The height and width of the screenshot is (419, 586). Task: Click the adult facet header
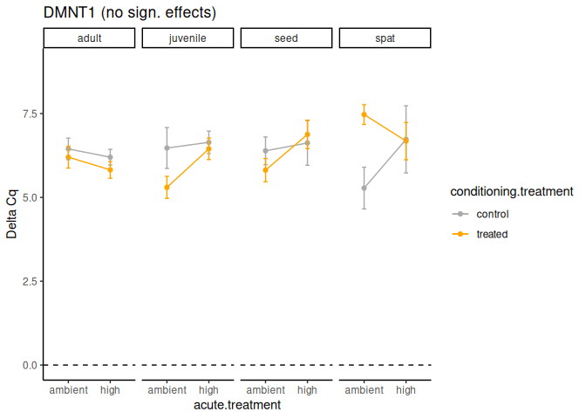pyautogui.click(x=89, y=38)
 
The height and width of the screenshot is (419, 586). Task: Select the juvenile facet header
pyautogui.click(x=187, y=38)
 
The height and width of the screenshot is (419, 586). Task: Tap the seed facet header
pyautogui.click(x=286, y=38)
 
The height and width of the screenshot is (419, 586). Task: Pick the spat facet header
pyautogui.click(x=385, y=38)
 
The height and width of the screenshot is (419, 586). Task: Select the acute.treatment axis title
pyautogui.click(x=237, y=405)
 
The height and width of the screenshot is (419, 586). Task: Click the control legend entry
pyautogui.click(x=492, y=214)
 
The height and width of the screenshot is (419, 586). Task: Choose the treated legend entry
pyautogui.click(x=492, y=234)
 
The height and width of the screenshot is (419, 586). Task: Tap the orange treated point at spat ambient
pyautogui.click(x=364, y=114)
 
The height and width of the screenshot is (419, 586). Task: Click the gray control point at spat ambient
pyautogui.click(x=364, y=188)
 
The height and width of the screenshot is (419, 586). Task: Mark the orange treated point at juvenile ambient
pyautogui.click(x=167, y=188)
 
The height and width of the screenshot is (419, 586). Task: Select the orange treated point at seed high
pyautogui.click(x=307, y=134)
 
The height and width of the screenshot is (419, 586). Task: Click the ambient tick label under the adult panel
pyautogui.click(x=68, y=390)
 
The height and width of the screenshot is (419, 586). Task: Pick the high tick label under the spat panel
pyautogui.click(x=405, y=390)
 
